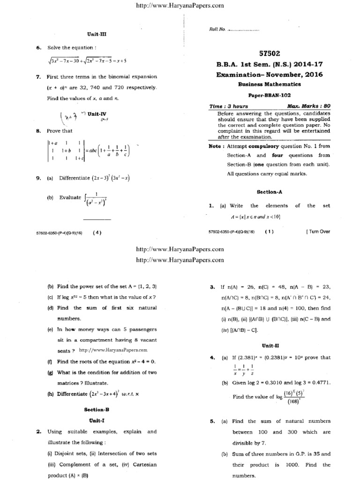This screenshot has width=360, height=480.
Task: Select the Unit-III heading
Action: tap(97, 34)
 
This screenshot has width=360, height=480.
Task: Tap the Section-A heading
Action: tap(269, 191)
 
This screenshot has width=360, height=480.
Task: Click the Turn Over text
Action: tap(318, 232)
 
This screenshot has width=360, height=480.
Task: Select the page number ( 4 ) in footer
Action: tap(97, 232)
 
